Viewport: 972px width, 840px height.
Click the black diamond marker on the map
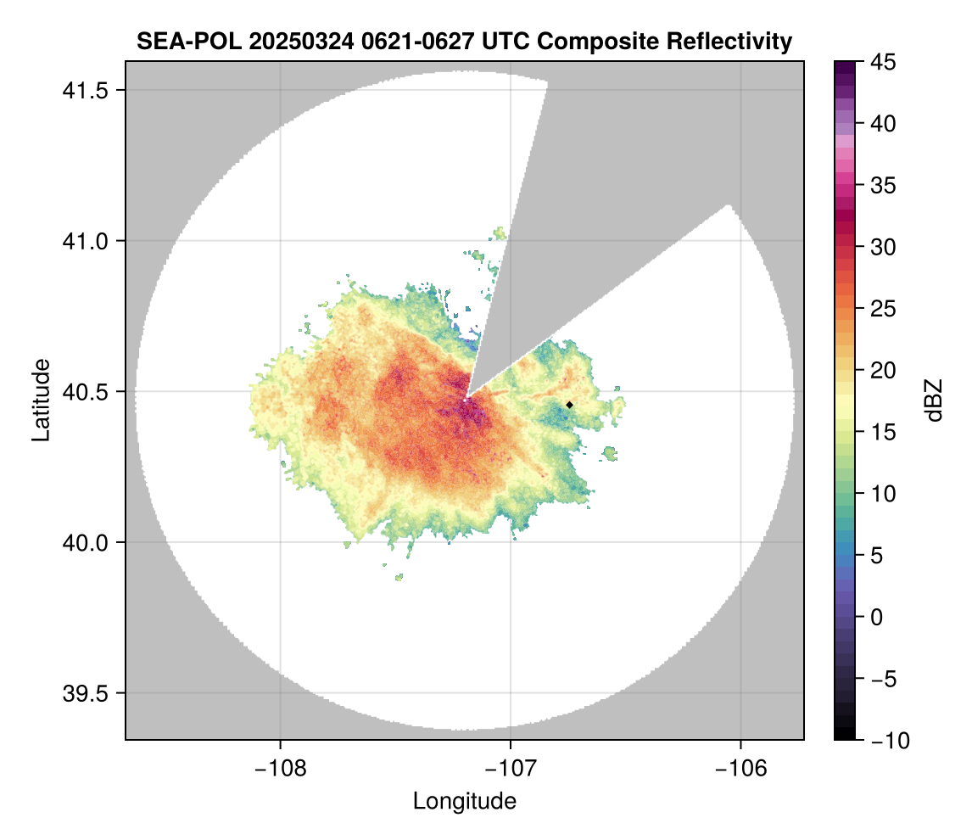tap(569, 405)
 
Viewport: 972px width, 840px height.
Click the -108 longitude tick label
tap(279, 769)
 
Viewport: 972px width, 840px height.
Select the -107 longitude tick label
tap(511, 769)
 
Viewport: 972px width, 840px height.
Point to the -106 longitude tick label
tap(741, 769)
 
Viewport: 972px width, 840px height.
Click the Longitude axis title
tap(465, 801)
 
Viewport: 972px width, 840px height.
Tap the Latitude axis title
tap(40, 400)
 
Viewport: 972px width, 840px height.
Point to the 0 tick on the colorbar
tap(877, 617)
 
